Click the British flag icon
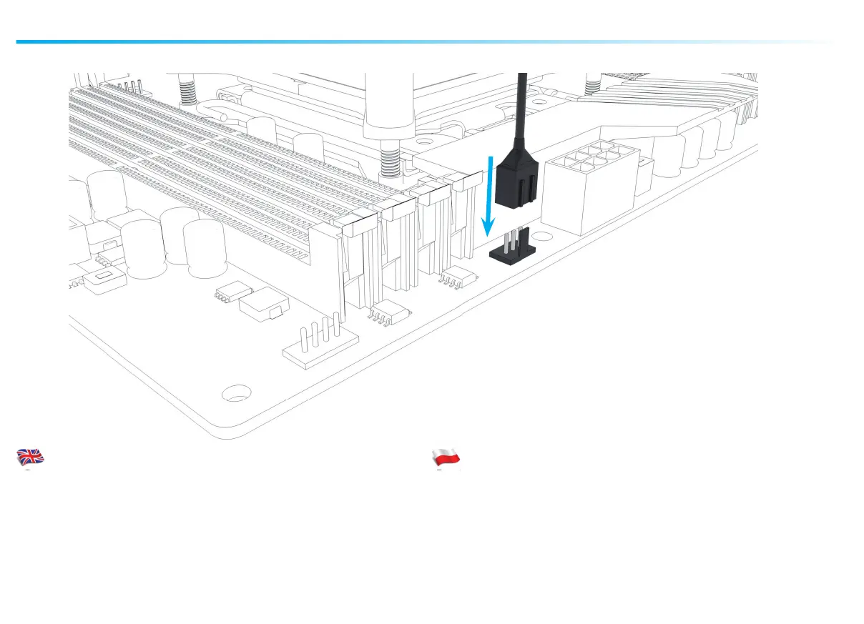31,457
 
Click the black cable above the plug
523,107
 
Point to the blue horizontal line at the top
358,41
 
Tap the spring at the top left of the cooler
187,91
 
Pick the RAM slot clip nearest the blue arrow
468,183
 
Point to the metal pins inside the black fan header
514,239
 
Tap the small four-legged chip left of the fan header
456,277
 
